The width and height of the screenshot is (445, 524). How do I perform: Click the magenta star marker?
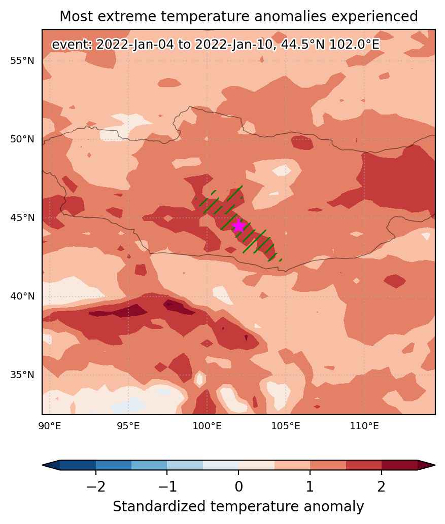[x=238, y=226]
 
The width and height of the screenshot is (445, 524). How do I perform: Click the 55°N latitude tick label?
[x=22, y=61]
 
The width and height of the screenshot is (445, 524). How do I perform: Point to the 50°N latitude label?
[x=22, y=139]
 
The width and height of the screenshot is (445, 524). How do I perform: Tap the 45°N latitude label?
[x=22, y=217]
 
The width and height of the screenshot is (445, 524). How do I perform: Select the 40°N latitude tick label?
[x=22, y=296]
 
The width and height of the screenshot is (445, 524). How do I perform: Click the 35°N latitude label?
[x=22, y=375]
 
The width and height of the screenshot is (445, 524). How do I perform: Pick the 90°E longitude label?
[x=50, y=426]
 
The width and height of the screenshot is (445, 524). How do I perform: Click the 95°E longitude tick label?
[x=128, y=426]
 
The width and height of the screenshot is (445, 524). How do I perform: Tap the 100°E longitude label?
[x=207, y=426]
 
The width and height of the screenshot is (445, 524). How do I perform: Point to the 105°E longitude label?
[x=286, y=426]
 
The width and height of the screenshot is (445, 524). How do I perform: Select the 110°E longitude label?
[x=364, y=426]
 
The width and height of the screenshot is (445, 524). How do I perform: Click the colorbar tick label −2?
[x=96, y=486]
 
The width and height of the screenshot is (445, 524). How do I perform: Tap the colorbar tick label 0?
[x=238, y=486]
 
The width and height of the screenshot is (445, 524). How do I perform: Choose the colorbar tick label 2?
[x=382, y=486]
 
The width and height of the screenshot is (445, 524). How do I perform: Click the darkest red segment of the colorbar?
[x=399, y=465]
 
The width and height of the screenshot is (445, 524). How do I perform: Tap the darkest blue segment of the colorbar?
[x=78, y=465]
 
